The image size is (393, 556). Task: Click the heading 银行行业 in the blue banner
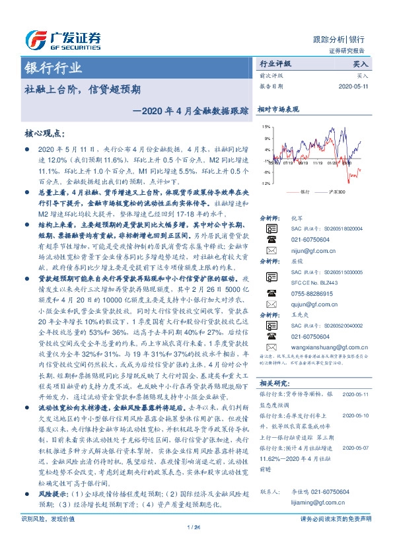(53, 68)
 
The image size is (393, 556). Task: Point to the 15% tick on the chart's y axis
(266, 126)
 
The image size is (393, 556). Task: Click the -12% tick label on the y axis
(265, 184)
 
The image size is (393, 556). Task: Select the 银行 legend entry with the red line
(301, 192)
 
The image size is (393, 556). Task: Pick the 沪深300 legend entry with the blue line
(332, 192)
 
